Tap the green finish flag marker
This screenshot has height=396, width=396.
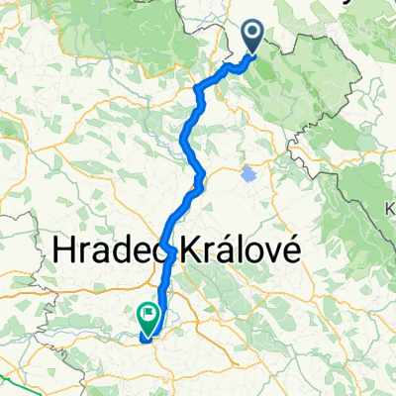pos(149,318)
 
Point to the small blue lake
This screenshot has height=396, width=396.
pos(247,174)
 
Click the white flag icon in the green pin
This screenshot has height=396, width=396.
pos(149,315)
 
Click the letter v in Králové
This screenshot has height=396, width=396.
pos(268,252)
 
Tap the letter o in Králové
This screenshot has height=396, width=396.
pos(251,252)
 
